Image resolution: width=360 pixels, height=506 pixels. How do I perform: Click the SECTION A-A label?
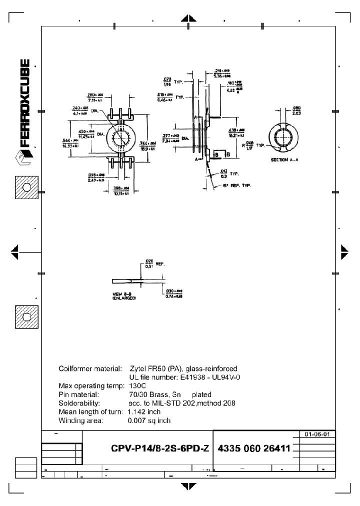(x=284, y=159)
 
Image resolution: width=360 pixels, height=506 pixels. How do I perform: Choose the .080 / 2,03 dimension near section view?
(x=295, y=110)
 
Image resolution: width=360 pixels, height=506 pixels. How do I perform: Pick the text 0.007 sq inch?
(x=149, y=420)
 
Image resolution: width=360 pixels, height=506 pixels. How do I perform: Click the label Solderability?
(x=80, y=403)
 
